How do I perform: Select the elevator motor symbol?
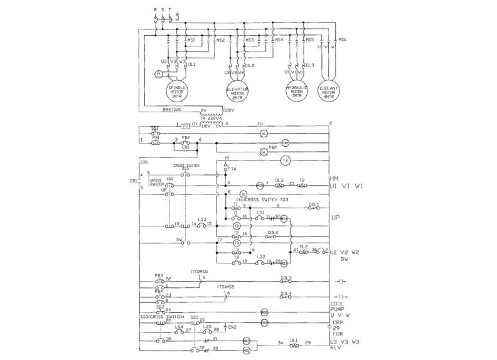237,93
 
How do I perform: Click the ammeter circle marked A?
158,74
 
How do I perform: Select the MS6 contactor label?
343,40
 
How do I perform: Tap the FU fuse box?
185,125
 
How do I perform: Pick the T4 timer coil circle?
285,161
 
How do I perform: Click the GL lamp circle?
264,151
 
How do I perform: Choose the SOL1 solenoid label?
314,205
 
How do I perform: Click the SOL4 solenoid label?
286,293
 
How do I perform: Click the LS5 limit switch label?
206,326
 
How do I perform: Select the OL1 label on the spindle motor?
192,64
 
